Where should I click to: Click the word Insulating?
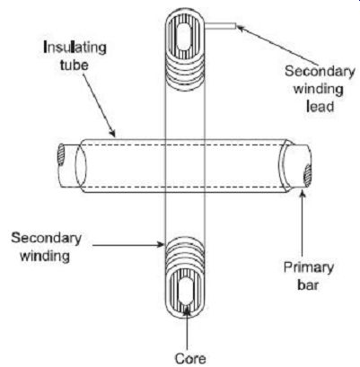tap(75, 48)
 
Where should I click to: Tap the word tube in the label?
tap(75, 65)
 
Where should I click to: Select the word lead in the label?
tap(320, 107)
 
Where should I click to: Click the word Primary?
tap(309, 268)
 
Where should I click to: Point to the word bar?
tap(308, 285)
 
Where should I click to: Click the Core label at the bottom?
tap(190, 358)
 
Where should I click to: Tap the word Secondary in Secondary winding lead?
tap(320, 72)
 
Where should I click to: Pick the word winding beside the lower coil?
tap(45, 257)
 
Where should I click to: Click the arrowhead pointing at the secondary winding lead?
tap(241, 28)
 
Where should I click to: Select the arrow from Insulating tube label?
tap(99, 104)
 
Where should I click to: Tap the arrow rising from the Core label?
tap(187, 327)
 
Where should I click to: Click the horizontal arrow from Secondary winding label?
tap(128, 245)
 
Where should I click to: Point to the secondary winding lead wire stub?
tap(221, 27)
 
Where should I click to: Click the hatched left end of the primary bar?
tap(61, 154)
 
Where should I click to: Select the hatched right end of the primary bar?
tap(307, 176)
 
